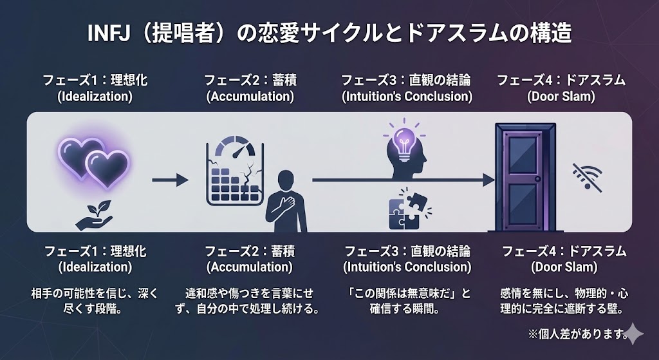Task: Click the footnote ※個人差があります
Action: tap(577, 333)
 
